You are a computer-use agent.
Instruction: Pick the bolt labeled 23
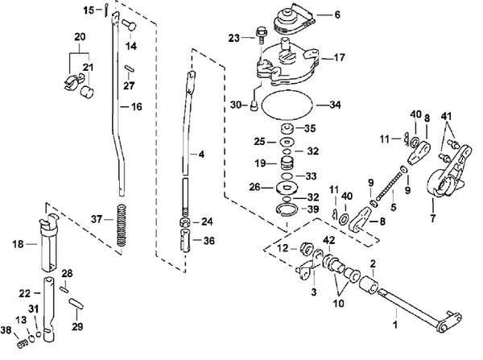click(261, 35)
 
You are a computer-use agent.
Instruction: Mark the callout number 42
click(329, 240)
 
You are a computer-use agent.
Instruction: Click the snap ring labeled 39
click(287, 212)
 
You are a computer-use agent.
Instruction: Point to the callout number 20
click(80, 37)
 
